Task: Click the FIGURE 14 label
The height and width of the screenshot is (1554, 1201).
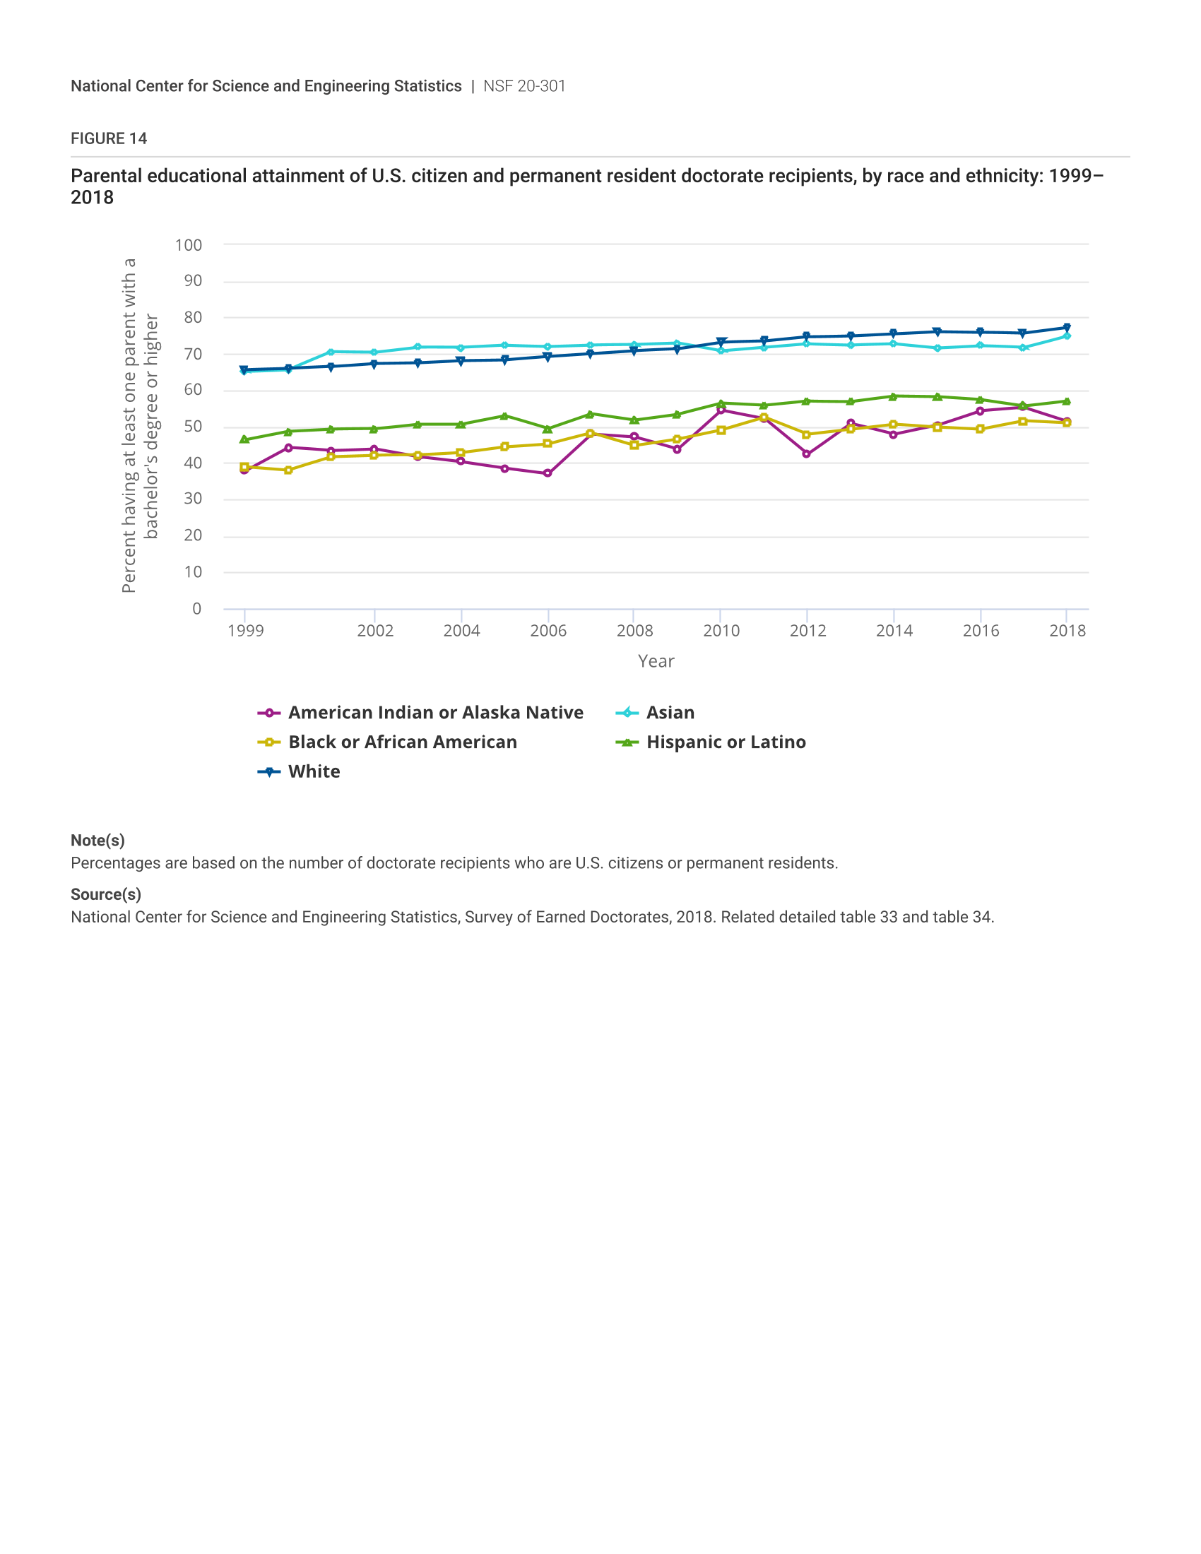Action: click(108, 138)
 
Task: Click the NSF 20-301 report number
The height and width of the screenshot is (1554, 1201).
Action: click(524, 86)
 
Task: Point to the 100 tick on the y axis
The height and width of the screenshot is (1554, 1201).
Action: click(189, 246)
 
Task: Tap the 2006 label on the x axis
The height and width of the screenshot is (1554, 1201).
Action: click(548, 630)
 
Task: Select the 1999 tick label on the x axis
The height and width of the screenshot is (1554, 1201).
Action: click(245, 630)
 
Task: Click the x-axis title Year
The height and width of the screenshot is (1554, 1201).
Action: click(656, 661)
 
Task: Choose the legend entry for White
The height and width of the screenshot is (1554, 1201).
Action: click(314, 771)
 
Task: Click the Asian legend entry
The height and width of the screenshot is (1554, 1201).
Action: click(670, 712)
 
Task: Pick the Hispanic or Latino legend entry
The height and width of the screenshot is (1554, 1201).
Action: click(726, 742)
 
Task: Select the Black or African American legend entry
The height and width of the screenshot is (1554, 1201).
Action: click(402, 742)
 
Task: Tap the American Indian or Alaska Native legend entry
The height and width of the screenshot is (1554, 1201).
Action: click(435, 712)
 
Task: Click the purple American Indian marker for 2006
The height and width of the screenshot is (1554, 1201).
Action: click(547, 473)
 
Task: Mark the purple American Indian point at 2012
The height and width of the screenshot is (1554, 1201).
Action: click(806, 454)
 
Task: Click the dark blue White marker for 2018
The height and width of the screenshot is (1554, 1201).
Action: click(1066, 328)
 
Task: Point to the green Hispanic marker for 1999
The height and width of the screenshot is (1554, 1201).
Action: click(244, 440)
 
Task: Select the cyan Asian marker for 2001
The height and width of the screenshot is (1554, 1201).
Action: click(331, 352)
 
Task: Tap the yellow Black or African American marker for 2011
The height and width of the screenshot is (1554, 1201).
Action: click(764, 417)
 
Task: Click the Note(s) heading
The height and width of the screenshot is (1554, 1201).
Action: click(97, 841)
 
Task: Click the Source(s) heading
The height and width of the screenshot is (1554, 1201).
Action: click(106, 894)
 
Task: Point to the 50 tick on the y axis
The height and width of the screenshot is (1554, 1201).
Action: click(193, 427)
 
